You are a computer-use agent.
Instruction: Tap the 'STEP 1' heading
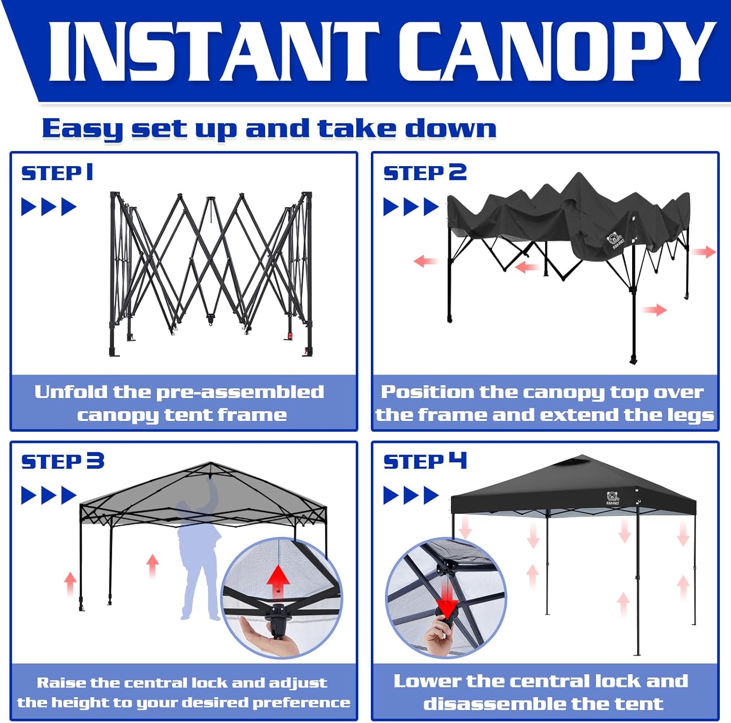[57, 173]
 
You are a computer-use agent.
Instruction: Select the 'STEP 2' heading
[425, 173]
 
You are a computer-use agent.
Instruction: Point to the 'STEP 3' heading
[62, 461]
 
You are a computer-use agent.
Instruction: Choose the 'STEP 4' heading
[425, 461]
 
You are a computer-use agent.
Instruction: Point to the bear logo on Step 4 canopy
[613, 498]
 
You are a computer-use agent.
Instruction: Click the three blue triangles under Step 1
[49, 207]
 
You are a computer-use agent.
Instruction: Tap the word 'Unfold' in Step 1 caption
[71, 392]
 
